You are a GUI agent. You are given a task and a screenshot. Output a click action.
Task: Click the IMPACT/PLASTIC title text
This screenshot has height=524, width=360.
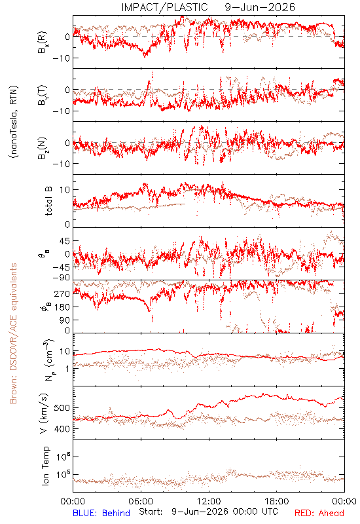164,7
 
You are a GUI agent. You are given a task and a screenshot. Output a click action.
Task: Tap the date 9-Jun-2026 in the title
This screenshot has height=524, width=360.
260,7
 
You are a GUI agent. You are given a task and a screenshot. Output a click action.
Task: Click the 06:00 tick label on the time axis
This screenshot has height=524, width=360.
141,501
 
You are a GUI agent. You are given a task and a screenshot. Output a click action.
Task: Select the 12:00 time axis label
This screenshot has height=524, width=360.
209,501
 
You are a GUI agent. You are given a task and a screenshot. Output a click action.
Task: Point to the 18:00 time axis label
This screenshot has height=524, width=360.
277,501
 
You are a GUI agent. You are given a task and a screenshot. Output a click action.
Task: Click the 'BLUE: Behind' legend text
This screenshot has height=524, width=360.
101,513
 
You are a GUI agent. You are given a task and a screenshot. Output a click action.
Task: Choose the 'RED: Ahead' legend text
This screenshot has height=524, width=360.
319,513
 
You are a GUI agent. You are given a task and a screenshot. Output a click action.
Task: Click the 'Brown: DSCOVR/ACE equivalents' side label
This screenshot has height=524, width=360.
13,333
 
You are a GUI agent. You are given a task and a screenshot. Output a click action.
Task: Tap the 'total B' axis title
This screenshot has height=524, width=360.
48,201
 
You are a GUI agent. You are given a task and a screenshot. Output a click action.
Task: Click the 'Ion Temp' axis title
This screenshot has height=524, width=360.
45,466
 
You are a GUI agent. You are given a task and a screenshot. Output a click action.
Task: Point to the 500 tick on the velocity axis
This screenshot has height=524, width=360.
63,408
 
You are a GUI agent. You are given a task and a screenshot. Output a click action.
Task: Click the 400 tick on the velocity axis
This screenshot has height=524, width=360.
63,429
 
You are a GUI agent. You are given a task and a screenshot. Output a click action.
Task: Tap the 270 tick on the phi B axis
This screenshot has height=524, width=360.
63,293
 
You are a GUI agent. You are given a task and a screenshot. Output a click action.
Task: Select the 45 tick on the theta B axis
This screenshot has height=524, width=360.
65,241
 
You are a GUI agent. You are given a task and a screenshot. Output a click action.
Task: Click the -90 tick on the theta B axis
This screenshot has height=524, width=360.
62,278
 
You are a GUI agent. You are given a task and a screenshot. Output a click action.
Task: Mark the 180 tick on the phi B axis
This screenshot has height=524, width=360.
63,307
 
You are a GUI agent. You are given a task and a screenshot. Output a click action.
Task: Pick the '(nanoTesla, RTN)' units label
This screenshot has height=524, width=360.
14,122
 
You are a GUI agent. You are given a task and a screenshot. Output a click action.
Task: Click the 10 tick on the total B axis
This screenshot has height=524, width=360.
65,190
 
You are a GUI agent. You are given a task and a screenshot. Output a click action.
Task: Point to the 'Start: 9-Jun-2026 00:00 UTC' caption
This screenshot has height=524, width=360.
208,512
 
